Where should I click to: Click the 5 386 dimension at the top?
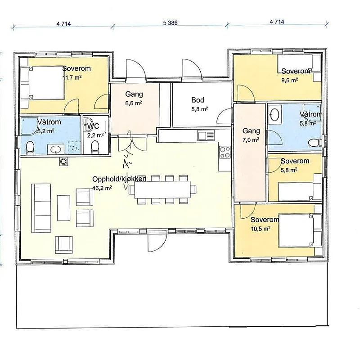tap(171, 23)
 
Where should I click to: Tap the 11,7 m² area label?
tap(72, 77)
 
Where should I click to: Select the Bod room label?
tap(198, 100)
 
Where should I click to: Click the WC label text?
tap(93, 126)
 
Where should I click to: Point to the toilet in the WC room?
tap(95, 147)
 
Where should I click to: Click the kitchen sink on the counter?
tap(206, 135)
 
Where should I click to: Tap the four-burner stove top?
tap(225, 153)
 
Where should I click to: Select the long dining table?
tap(162, 189)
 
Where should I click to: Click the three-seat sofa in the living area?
tap(41, 208)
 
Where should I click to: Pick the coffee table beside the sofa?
tap(63, 208)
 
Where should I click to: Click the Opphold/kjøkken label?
tap(119, 179)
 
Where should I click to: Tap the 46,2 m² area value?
tap(102, 188)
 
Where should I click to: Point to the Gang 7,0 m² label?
tap(251, 135)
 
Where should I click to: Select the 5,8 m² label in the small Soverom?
tap(289, 170)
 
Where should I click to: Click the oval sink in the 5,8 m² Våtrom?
tap(274, 114)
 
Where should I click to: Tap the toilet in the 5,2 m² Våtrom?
tap(30, 147)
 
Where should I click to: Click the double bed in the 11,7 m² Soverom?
tap(42, 83)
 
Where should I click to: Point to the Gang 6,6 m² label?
tap(134, 98)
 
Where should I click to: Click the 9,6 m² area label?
tap(290, 81)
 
